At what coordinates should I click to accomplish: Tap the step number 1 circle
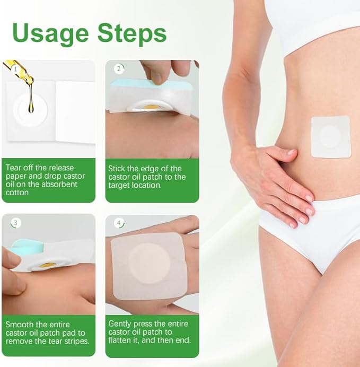15,68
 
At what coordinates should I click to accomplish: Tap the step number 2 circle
119,68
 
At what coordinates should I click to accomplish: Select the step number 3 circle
15,223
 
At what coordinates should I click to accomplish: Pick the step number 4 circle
119,223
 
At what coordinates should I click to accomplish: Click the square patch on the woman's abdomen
330,137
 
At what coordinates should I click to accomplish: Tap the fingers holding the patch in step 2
159,72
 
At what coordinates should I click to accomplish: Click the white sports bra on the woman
313,21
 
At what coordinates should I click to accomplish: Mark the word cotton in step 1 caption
17,193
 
